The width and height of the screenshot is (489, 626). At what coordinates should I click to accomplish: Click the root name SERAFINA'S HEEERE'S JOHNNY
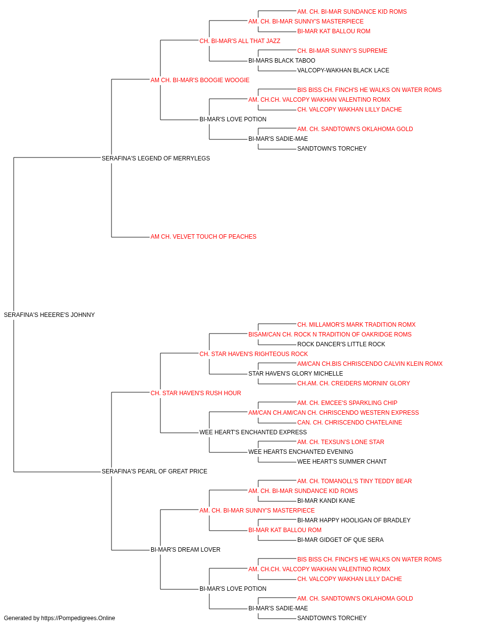(x=49, y=315)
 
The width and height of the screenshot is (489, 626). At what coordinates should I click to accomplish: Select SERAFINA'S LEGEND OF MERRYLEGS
(x=156, y=158)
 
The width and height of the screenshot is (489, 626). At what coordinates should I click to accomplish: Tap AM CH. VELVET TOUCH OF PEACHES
(x=203, y=237)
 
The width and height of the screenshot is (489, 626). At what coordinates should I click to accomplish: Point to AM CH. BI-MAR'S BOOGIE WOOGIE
(x=200, y=80)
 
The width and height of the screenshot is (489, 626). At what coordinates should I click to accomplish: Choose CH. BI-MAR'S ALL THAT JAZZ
(x=240, y=41)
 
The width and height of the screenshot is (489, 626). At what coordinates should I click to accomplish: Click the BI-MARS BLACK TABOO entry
(x=282, y=61)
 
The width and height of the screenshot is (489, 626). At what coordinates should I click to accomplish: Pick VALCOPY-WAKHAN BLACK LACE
(x=343, y=70)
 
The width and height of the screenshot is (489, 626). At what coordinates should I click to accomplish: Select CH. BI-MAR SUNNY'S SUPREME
(x=342, y=51)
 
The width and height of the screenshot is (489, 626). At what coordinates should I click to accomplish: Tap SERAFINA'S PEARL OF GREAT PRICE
(x=155, y=471)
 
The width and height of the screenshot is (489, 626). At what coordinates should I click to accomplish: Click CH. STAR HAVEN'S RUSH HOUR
(x=196, y=393)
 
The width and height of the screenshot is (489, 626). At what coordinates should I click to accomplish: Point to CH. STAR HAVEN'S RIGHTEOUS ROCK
(x=254, y=354)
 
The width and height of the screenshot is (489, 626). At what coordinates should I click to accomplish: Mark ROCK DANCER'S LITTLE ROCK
(x=341, y=344)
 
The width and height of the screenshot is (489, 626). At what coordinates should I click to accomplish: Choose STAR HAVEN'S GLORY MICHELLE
(x=295, y=373)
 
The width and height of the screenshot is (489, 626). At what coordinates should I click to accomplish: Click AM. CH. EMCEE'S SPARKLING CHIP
(x=347, y=402)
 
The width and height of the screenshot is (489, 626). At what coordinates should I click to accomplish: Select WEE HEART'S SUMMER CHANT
(x=342, y=462)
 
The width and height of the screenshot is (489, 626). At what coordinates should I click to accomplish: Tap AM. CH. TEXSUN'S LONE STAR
(x=341, y=442)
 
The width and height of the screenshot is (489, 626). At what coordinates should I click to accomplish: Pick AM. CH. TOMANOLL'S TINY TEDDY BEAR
(x=355, y=481)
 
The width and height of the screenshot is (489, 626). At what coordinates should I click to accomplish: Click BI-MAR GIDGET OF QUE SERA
(x=340, y=540)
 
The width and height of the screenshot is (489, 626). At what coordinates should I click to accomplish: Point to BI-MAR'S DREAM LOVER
(x=185, y=550)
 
